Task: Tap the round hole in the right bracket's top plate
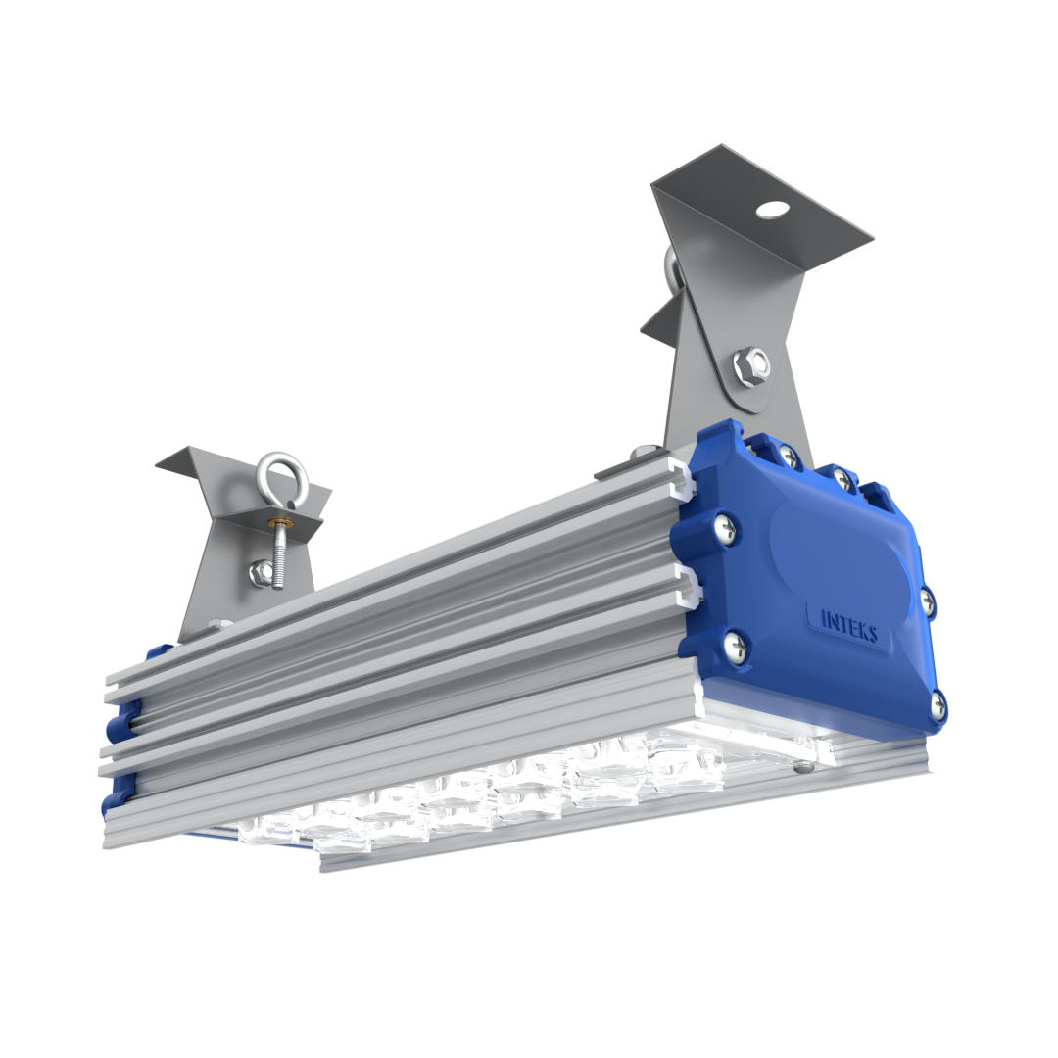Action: [x=775, y=209]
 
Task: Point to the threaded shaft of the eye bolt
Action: [x=279, y=557]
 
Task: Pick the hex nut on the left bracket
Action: [x=259, y=573]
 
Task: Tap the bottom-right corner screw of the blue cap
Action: [x=938, y=704]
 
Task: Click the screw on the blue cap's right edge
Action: [x=928, y=599]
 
